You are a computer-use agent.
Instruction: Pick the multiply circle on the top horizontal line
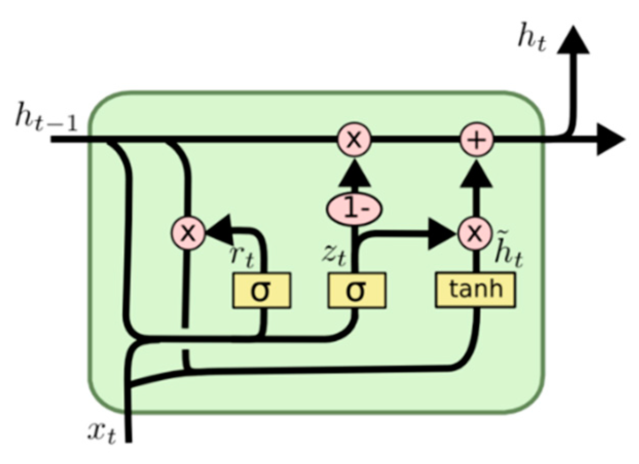(x=353, y=140)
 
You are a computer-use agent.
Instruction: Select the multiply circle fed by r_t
(x=189, y=234)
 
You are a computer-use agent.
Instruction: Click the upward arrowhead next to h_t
(x=571, y=41)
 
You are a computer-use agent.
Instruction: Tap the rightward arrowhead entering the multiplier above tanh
(x=442, y=234)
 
